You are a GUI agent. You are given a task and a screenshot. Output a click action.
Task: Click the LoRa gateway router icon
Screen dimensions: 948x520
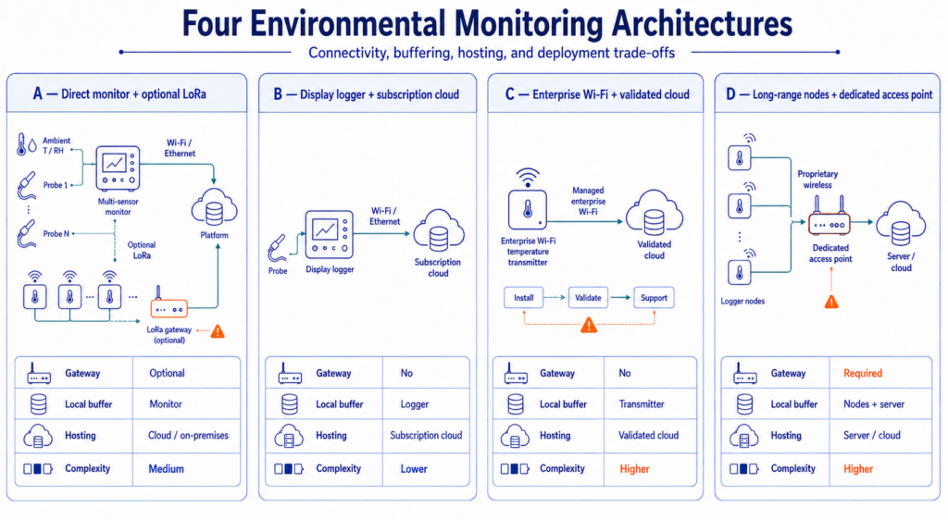168,305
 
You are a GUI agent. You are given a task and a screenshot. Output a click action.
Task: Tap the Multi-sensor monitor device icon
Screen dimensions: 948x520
118,167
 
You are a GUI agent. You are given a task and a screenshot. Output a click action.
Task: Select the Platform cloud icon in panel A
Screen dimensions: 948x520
214,207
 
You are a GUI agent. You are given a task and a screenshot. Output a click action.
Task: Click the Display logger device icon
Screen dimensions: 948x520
329,234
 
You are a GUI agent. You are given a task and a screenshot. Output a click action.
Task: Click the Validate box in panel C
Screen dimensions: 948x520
588,298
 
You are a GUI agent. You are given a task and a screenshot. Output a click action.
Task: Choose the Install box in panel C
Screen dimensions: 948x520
524,298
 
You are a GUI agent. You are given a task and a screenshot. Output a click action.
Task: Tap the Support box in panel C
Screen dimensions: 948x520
654,298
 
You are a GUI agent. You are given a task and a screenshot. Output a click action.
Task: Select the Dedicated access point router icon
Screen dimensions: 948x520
829,217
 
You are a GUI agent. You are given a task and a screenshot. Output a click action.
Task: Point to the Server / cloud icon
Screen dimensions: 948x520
900,225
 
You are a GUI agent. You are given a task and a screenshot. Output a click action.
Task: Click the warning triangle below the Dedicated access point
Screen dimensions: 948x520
831,302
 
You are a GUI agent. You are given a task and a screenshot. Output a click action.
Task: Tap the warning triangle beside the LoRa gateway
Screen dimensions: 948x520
218,331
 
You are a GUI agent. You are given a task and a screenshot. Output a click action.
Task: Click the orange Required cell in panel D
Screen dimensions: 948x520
863,373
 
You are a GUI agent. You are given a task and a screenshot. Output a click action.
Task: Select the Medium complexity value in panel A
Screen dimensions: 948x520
167,469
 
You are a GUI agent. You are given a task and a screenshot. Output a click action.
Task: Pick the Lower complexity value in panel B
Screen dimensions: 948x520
414,469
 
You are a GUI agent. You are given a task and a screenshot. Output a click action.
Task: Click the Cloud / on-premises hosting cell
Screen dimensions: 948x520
188,436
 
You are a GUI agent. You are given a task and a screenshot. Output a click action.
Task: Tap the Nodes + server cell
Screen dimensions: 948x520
874,404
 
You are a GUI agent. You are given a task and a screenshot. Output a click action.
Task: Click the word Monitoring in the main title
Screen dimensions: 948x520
529,24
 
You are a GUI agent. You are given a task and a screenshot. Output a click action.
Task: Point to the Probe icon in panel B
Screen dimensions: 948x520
278,249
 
